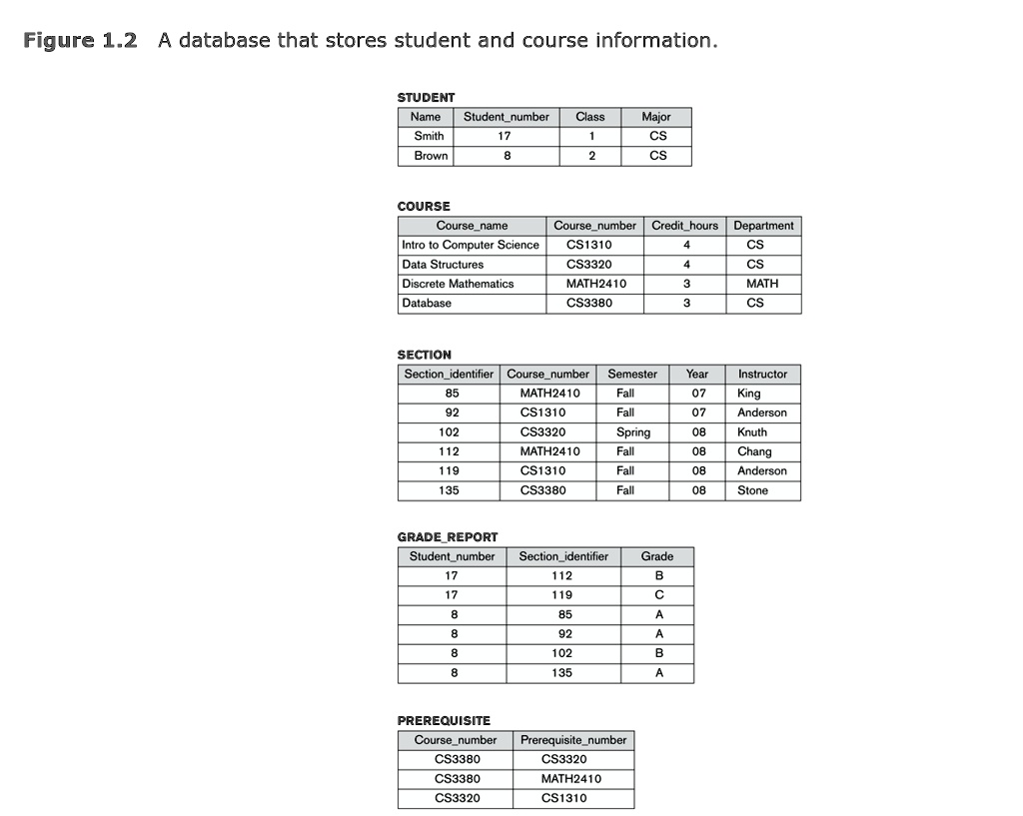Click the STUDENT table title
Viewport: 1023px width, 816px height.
pos(426,97)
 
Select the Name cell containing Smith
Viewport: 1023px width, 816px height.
pos(429,136)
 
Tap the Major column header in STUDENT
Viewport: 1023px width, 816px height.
pos(656,117)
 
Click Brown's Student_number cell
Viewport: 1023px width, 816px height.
pos(508,156)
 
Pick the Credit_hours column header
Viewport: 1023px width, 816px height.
pos(684,226)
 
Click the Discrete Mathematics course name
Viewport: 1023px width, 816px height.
pos(458,284)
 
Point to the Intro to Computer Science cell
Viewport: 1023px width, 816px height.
pos(470,245)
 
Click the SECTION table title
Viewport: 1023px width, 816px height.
pos(424,355)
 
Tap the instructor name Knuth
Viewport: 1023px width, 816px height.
pos(752,432)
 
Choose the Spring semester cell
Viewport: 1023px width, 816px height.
pos(632,432)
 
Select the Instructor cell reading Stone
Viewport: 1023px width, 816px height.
pos(752,490)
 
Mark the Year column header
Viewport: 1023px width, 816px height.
pos(697,375)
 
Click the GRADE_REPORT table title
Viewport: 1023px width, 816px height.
pos(447,536)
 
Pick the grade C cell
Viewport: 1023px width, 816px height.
pos(658,595)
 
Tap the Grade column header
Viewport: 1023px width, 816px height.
pos(657,556)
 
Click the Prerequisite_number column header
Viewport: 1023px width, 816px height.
pos(573,740)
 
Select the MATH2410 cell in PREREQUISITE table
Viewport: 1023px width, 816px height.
pos(570,779)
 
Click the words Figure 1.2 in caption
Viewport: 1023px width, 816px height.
pos(80,41)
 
